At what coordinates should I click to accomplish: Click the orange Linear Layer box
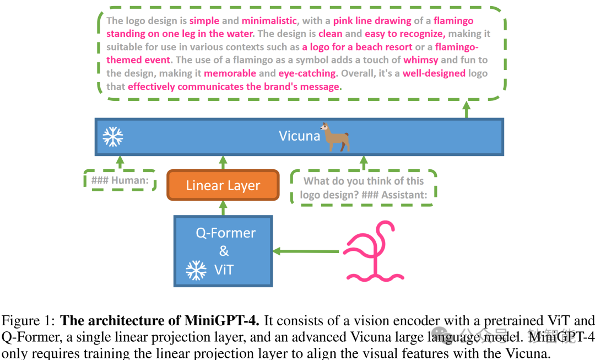pos(223,185)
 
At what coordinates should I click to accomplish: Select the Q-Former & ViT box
pos(223,251)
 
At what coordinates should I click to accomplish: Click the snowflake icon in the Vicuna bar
pos(113,136)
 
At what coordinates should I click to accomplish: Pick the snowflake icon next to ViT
pos(196,270)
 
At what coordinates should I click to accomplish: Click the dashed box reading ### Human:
pos(120,180)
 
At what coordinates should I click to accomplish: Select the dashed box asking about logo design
pos(363,187)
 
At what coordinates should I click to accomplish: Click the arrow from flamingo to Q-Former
pos(306,251)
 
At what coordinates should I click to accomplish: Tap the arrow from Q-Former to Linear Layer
pos(223,208)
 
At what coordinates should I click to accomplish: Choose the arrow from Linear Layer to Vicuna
pos(223,163)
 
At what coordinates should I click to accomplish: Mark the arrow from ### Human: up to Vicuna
pos(120,162)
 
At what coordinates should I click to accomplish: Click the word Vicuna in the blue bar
pos(299,136)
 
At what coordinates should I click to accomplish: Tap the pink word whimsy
pos(420,60)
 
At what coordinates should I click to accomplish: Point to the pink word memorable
pos(230,73)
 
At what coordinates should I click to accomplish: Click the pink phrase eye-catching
pos(307,73)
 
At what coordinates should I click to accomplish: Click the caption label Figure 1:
pos(29,321)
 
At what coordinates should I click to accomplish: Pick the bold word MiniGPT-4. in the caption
pos(228,321)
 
